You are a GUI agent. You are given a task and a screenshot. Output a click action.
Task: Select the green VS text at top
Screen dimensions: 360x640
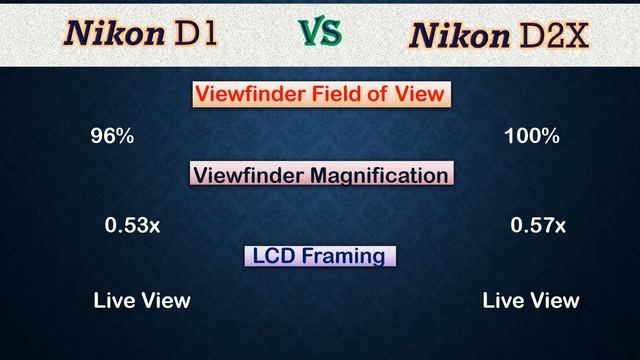320,33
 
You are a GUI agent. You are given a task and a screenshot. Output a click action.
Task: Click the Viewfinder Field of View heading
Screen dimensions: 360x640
320,95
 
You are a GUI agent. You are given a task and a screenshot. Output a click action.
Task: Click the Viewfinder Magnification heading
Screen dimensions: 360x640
320,175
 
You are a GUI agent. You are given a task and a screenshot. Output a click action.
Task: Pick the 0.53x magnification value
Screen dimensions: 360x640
132,226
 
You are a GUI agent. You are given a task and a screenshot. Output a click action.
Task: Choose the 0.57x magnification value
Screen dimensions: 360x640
538,226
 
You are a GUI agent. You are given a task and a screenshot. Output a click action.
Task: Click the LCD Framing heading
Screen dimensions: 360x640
320,256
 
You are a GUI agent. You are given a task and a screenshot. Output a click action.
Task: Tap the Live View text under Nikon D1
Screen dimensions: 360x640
142,300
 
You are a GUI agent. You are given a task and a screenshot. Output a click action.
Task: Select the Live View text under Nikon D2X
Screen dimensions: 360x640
530,300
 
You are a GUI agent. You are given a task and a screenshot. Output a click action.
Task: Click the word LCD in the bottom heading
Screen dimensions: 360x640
273,256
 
